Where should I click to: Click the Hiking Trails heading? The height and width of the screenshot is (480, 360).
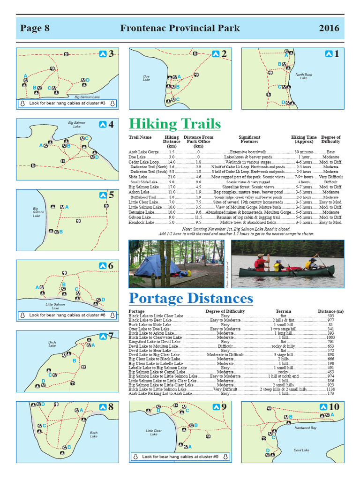click(174, 124)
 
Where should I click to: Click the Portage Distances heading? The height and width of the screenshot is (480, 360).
click(191, 298)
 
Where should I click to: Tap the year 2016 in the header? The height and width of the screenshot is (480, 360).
click(329, 28)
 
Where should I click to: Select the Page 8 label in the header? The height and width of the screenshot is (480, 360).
click(35, 28)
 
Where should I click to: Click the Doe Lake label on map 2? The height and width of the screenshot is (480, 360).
click(146, 77)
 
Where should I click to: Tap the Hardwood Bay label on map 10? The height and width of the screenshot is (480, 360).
click(305, 428)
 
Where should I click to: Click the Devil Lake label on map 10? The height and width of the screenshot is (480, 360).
click(301, 450)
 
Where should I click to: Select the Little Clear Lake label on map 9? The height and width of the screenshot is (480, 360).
click(154, 432)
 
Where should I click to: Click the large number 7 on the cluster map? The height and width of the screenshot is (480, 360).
click(111, 336)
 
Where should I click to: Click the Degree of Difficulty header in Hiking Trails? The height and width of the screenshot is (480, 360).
click(330, 139)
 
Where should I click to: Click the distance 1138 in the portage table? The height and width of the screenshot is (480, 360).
click(330, 389)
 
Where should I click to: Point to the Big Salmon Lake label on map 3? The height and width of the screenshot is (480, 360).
click(87, 97)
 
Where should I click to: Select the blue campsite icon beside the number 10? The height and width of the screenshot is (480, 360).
click(323, 407)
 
